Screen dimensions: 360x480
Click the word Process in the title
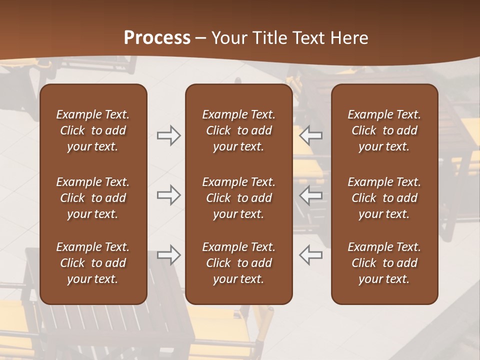click(157, 38)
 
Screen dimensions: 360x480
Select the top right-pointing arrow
click(168, 135)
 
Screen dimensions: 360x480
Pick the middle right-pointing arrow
click(168, 195)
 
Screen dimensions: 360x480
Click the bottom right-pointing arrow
click(168, 254)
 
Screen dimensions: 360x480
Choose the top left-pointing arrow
click(311, 135)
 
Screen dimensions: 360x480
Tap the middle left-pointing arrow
click(311, 195)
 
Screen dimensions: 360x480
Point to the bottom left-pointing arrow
click(311, 254)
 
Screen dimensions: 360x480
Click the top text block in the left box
click(93, 130)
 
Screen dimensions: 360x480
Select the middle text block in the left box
click(93, 198)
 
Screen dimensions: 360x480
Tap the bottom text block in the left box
click(93, 263)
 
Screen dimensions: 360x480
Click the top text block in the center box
click(238, 130)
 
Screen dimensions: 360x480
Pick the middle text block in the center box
click(238, 198)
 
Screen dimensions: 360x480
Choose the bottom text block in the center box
click(238, 263)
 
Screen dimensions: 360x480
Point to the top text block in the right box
click(384, 130)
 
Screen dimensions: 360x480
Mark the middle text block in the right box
click(384, 198)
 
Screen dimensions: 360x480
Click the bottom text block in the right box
click(384, 263)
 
